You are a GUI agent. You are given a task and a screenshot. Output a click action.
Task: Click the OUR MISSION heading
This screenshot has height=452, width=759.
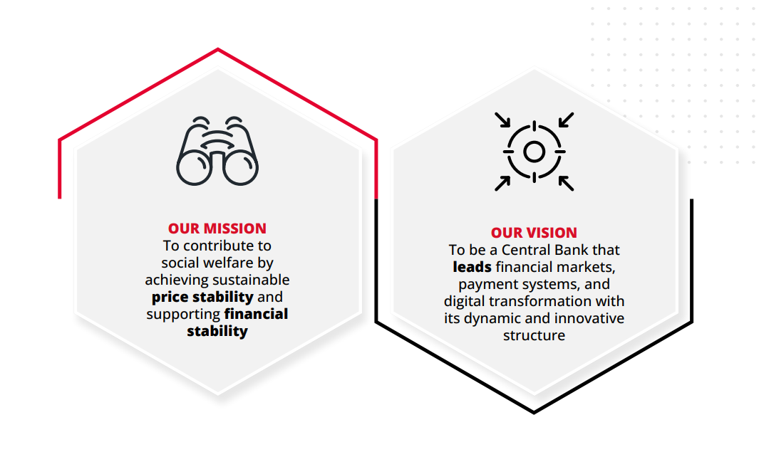pos(217,228)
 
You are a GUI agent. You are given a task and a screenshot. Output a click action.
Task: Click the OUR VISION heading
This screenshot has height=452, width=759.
pos(534,233)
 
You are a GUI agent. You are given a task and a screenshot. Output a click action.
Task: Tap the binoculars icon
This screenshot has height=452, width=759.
pos(217,151)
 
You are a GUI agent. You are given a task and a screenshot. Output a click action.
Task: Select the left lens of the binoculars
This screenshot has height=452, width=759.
pos(194,168)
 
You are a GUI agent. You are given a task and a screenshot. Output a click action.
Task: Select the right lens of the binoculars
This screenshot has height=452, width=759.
pos(241,168)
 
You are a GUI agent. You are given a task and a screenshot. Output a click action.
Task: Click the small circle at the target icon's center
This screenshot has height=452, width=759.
pos(534,152)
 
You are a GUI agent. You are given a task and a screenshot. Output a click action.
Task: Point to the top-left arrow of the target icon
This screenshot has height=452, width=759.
pos(502,120)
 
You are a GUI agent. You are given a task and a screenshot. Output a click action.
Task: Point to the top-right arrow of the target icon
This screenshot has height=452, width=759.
pos(566,120)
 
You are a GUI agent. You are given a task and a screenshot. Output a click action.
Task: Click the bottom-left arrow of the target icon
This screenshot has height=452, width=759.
pos(502,183)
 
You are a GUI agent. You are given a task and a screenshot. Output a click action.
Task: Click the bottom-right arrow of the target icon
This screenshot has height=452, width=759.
pos(566,183)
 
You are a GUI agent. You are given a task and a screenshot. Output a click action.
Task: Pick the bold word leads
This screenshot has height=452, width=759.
pos(472,267)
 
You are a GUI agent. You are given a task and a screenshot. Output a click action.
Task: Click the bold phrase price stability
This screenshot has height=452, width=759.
pos(202,297)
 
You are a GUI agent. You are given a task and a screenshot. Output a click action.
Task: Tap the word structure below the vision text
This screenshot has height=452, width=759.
pos(534,335)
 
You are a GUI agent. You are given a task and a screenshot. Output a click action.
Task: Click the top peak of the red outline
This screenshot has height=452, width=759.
pos(218,49)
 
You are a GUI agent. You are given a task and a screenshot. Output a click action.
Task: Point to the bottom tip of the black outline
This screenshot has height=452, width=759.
pos(534,413)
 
